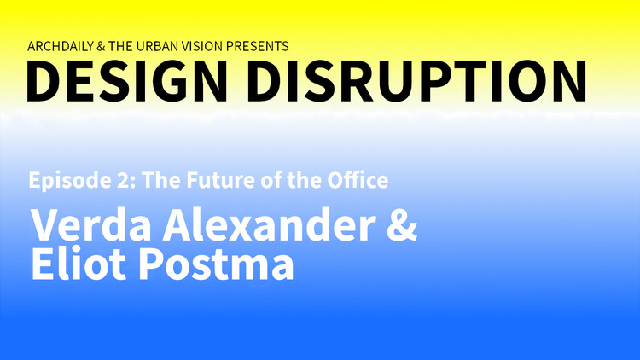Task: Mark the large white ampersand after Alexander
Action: click(398, 226)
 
